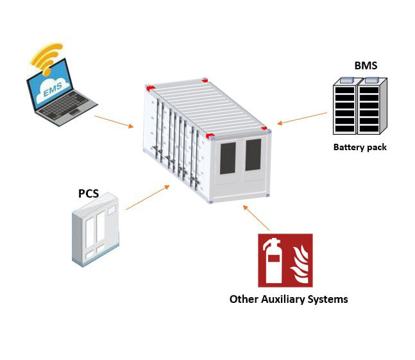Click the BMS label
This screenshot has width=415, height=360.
(x=366, y=65)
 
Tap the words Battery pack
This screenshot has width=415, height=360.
(x=360, y=147)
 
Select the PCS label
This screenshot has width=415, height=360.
(x=89, y=194)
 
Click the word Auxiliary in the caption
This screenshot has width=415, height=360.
(x=283, y=299)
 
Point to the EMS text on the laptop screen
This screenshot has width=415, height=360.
(x=53, y=90)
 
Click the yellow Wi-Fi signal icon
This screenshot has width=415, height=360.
(x=47, y=58)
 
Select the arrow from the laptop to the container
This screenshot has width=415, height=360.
(x=114, y=122)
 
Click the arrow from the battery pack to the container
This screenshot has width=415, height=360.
(x=302, y=118)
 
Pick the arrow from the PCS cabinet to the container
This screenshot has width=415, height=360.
(x=148, y=197)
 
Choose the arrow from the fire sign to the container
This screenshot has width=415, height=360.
(x=256, y=218)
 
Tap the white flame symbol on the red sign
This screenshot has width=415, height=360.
(x=300, y=264)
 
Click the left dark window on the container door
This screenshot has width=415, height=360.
(x=228, y=158)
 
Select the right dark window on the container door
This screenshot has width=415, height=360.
(x=253, y=155)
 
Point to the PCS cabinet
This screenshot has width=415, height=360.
(x=96, y=230)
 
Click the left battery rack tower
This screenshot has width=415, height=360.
(x=345, y=106)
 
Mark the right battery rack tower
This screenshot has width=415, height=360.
(x=372, y=106)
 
